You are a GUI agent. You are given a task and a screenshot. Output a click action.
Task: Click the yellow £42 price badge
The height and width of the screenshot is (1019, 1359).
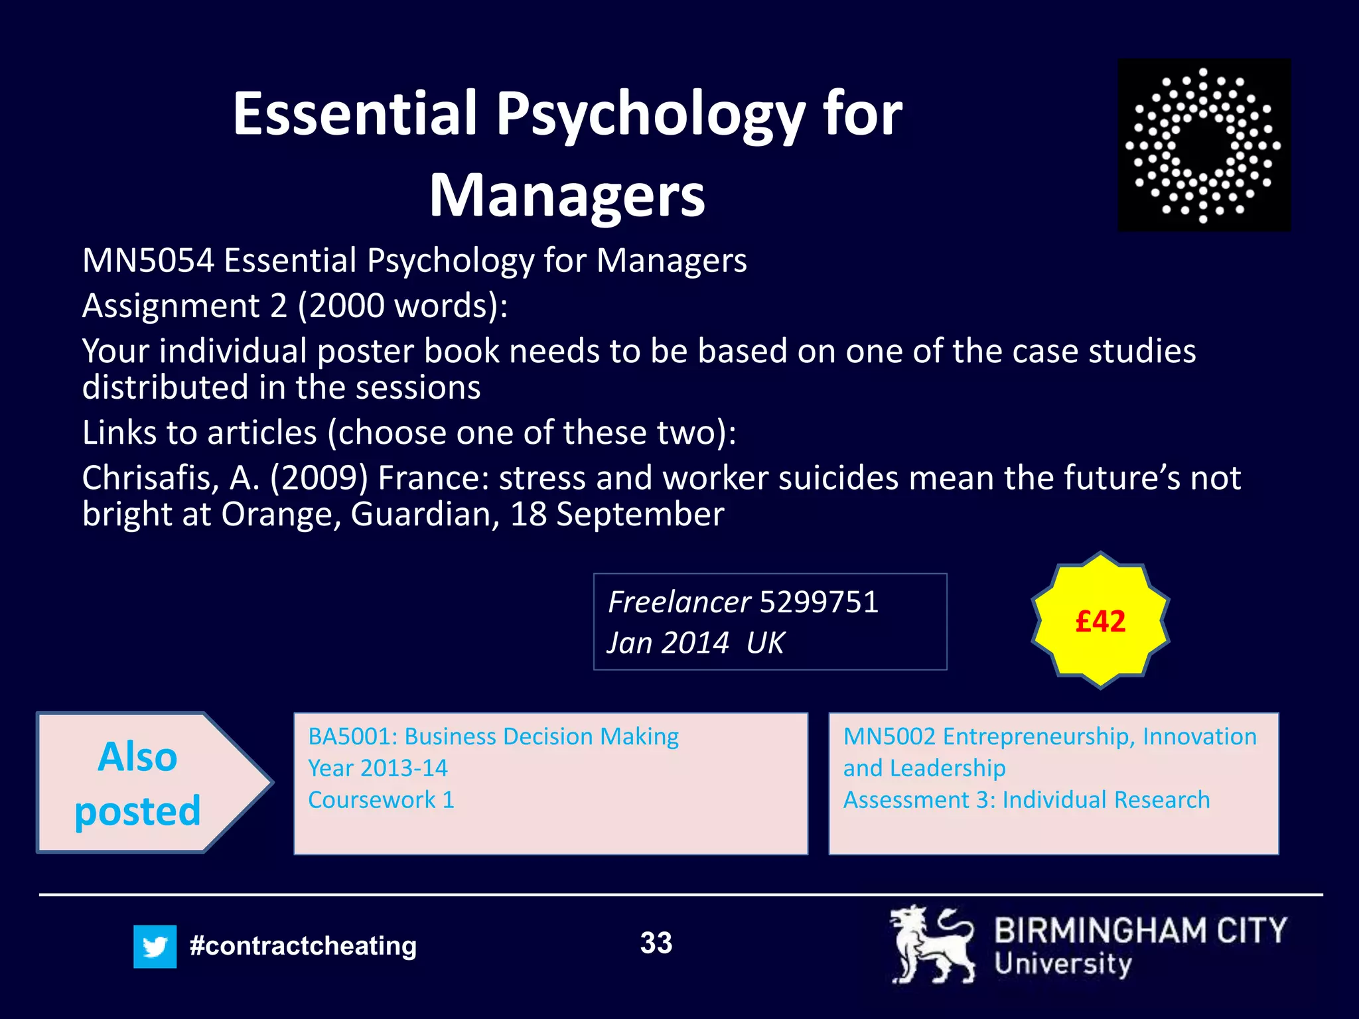(x=1100, y=621)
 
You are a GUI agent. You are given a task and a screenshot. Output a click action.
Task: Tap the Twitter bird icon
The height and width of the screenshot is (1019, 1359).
(x=155, y=946)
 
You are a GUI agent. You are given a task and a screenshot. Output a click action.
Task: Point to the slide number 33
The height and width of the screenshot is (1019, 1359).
(x=656, y=943)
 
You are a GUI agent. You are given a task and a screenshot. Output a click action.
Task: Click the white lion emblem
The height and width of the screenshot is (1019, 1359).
(x=932, y=945)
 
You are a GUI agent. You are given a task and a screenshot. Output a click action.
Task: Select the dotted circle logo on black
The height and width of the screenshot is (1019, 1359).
(x=1204, y=145)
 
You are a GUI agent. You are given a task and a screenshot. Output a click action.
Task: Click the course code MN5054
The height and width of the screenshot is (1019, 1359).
(x=148, y=260)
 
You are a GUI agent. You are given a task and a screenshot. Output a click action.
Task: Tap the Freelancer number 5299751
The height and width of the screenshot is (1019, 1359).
(x=819, y=602)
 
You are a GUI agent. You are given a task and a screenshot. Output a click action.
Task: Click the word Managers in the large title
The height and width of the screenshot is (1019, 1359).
(x=567, y=195)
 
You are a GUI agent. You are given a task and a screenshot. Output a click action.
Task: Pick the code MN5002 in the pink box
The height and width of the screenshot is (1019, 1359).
(x=889, y=736)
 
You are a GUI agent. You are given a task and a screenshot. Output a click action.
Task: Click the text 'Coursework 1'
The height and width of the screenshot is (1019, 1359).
(x=382, y=800)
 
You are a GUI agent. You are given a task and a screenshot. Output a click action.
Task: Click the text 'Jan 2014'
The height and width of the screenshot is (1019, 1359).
(x=668, y=643)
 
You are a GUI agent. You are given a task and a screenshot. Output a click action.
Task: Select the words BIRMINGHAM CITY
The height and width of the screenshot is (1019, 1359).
(x=1140, y=930)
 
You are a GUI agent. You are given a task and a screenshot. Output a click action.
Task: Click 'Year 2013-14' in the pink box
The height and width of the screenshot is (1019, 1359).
(x=378, y=768)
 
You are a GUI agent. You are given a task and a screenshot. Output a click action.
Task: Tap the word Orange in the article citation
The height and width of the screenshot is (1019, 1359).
(x=281, y=514)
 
